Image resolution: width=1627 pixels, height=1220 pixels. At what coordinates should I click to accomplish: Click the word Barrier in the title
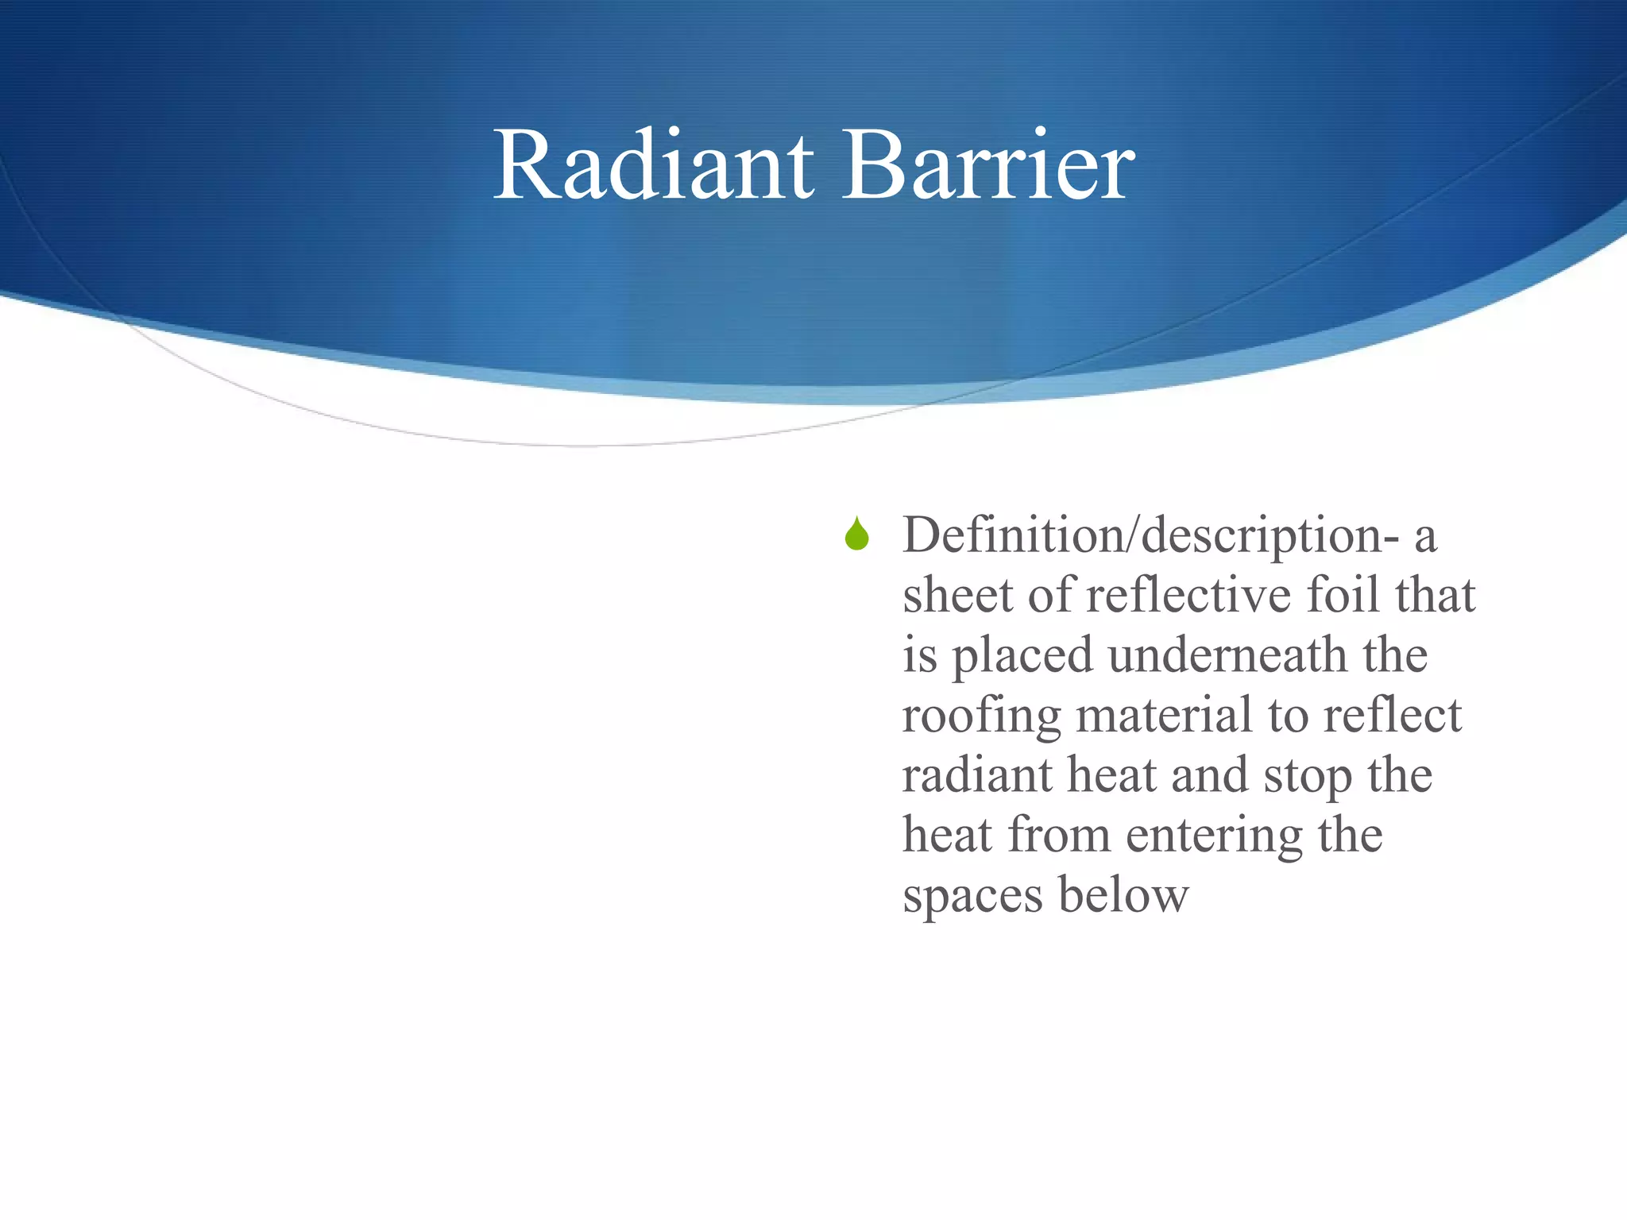point(988,167)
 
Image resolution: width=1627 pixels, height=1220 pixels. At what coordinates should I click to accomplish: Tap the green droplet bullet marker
point(856,535)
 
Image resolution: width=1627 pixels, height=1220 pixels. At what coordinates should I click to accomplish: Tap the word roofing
point(981,716)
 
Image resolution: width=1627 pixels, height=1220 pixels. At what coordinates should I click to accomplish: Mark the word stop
point(1308,777)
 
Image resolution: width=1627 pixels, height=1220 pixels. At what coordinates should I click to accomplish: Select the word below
point(1123,895)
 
